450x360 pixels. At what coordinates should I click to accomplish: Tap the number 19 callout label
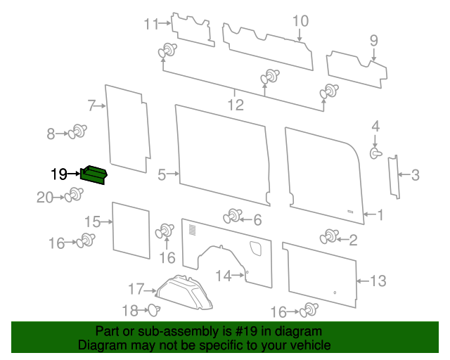pos(59,173)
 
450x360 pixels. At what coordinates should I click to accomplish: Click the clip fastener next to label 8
pos(79,131)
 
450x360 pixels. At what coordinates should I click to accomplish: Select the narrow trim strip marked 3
pos(394,175)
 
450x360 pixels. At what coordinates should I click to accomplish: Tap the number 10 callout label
pos(300,21)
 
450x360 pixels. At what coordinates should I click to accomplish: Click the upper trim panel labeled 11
pos(192,29)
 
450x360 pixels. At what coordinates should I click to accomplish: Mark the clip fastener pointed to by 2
pos(328,237)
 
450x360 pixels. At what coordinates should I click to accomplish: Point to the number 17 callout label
pos(136,289)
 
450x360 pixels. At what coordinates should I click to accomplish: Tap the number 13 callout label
pos(378,281)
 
